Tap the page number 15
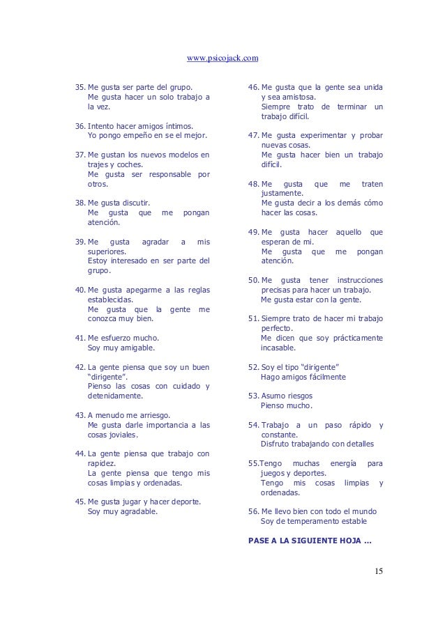pos(378,572)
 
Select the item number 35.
pos(80,88)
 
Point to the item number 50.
pos(253,280)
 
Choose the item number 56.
pos(253,511)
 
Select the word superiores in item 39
pos(107,251)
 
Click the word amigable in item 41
pos(137,347)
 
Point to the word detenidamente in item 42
pos(114,396)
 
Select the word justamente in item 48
pos(282,193)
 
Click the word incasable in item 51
pos(278,347)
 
